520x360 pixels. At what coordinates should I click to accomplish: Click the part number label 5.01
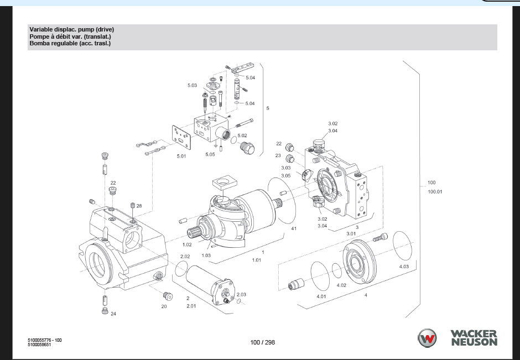pyautogui.click(x=181, y=156)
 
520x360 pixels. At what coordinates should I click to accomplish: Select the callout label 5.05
pyautogui.click(x=210, y=154)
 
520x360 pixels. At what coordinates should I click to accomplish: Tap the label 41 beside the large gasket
pyautogui.click(x=294, y=228)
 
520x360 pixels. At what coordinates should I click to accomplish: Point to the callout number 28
pyautogui.click(x=139, y=206)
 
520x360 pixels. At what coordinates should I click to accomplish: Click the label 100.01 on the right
pyautogui.click(x=435, y=191)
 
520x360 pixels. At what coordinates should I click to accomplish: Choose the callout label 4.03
pyautogui.click(x=404, y=267)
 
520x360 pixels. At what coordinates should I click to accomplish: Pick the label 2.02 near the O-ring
pyautogui.click(x=185, y=257)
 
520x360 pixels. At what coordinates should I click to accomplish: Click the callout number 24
pyautogui.click(x=113, y=314)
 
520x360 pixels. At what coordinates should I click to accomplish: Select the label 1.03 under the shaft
pyautogui.click(x=206, y=255)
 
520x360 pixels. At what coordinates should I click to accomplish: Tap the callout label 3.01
pyautogui.click(x=351, y=233)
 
